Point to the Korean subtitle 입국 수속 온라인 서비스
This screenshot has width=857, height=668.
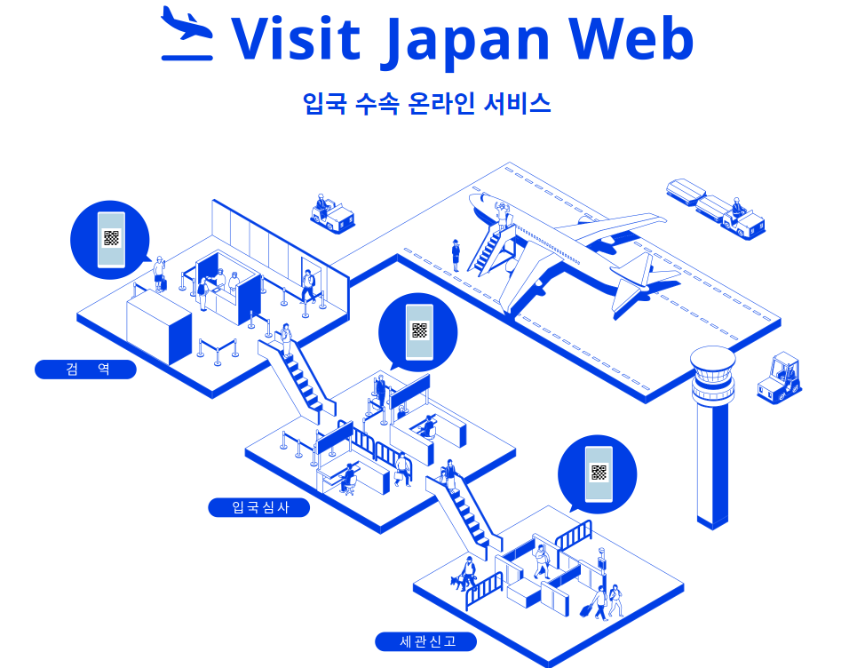tap(426, 103)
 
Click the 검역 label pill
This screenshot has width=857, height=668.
tap(85, 369)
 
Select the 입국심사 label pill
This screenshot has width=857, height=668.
tap(259, 507)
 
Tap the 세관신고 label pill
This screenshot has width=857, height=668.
tap(426, 641)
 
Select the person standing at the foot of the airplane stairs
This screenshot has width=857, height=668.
tap(456, 254)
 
